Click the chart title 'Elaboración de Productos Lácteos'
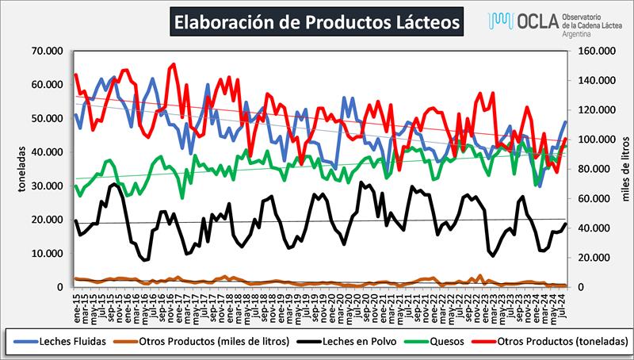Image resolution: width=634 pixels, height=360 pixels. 315,22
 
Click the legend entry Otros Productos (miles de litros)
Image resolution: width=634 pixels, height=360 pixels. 220,341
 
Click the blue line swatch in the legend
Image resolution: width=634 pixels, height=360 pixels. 29,341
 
